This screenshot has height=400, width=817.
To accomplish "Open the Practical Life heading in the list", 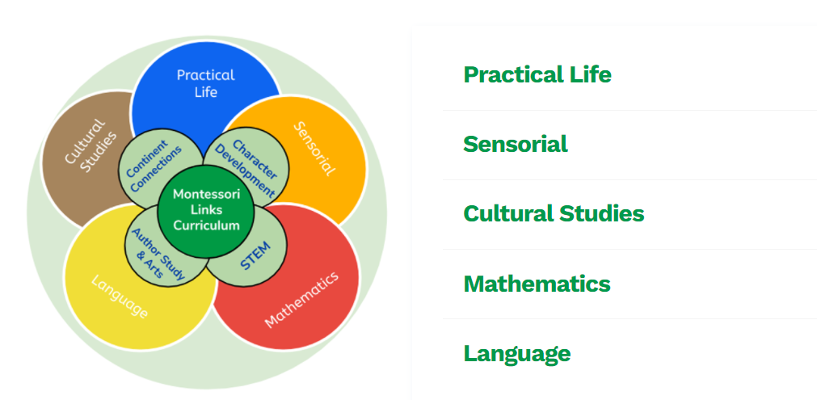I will tap(537, 74).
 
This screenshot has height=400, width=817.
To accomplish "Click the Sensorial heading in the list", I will tap(515, 144).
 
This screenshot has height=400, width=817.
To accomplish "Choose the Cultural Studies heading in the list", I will tap(554, 213).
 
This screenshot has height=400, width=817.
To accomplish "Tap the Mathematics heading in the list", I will tap(537, 284).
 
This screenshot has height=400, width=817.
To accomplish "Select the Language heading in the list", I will tap(516, 353).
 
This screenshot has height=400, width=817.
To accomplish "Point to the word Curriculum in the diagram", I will tap(207, 225).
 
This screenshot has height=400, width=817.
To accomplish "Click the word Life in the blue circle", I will tap(206, 92).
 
